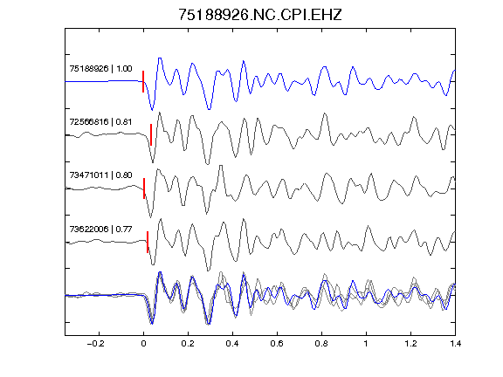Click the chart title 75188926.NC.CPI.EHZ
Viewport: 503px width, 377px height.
coord(260,15)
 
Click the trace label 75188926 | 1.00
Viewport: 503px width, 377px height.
coord(100,69)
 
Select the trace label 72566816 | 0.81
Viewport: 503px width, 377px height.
coord(100,122)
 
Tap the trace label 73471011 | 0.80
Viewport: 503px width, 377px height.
coord(100,175)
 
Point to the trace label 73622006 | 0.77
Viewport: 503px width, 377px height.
coord(100,230)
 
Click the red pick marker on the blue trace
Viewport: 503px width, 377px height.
coord(143,81)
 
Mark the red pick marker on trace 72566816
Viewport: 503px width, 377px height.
coord(151,134)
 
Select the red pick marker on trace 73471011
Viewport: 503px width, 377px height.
coord(144,188)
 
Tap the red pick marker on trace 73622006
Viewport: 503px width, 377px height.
coord(148,242)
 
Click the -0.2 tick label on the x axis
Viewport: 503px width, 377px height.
coord(95,344)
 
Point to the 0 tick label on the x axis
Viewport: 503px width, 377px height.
coord(143,344)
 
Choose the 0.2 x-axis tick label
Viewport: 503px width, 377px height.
coord(188,344)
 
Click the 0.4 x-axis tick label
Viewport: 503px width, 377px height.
coord(232,344)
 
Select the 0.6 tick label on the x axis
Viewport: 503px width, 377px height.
coord(277,344)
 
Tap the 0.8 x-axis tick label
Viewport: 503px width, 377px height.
coord(321,344)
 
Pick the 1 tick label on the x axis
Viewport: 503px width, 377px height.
coord(366,344)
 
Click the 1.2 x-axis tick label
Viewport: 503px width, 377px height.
coord(410,344)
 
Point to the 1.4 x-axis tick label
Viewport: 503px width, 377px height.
coord(455,344)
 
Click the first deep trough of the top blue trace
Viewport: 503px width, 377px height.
coord(152,110)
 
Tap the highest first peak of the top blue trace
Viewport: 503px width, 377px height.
coord(160,58)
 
